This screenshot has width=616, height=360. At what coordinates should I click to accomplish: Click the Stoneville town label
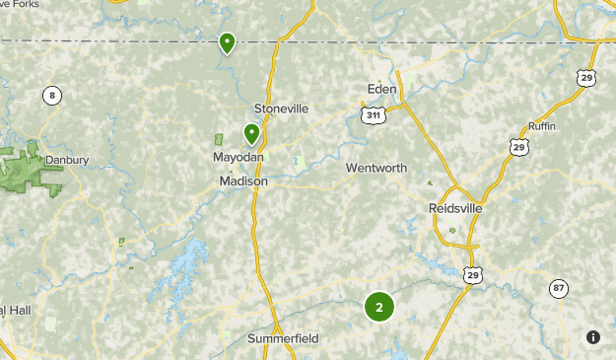[x=281, y=108]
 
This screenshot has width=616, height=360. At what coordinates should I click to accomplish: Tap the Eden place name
[x=381, y=90]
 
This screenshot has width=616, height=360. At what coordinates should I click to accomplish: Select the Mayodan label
[x=239, y=158]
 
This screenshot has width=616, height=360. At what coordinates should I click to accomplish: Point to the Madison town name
[x=243, y=181]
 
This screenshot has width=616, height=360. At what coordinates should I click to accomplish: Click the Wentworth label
[x=376, y=169]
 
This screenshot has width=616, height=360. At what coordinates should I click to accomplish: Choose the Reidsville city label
[x=458, y=208]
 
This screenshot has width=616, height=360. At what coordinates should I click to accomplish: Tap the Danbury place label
[x=67, y=160]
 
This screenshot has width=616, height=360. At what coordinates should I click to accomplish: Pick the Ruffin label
[x=542, y=127]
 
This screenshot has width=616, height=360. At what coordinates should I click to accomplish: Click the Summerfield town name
[x=283, y=338]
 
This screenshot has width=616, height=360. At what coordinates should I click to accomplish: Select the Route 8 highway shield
[x=51, y=96]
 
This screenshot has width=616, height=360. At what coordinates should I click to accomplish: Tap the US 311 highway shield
[x=374, y=115]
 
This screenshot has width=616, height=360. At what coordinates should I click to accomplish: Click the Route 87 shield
[x=559, y=288]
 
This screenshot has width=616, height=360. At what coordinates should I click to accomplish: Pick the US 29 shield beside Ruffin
[x=518, y=146]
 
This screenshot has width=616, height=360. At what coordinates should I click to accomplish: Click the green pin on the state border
[x=227, y=42]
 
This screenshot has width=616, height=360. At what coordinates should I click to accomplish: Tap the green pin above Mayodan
[x=251, y=132]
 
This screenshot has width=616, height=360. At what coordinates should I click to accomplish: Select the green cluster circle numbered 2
[x=379, y=307]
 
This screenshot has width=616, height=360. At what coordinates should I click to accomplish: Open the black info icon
[x=592, y=336]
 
